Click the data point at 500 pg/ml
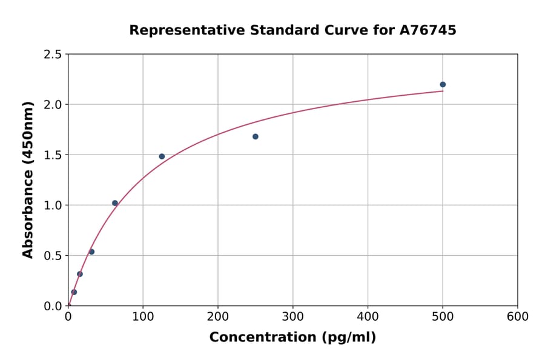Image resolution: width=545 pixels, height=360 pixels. click(443, 84)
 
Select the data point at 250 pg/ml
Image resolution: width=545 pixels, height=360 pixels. click(256, 136)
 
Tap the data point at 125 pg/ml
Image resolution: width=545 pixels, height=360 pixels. click(162, 156)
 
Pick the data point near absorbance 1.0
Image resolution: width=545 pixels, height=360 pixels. click(115, 203)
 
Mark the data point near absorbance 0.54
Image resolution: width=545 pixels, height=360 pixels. click(91, 252)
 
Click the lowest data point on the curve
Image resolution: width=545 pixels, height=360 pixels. click(74, 292)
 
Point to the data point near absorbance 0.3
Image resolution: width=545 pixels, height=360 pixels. click(80, 274)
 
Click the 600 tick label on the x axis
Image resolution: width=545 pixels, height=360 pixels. click(517, 317)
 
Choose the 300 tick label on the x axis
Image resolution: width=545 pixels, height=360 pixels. click(292, 317)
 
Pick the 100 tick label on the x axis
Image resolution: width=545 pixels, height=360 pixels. click(143, 317)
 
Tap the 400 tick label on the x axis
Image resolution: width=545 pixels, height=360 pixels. click(368, 317)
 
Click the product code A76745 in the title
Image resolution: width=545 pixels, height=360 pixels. click(428, 30)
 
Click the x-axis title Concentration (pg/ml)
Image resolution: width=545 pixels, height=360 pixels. click(292, 338)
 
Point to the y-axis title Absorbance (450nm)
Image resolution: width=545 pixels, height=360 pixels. click(28, 180)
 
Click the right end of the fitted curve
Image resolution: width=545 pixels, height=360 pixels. click(443, 91)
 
